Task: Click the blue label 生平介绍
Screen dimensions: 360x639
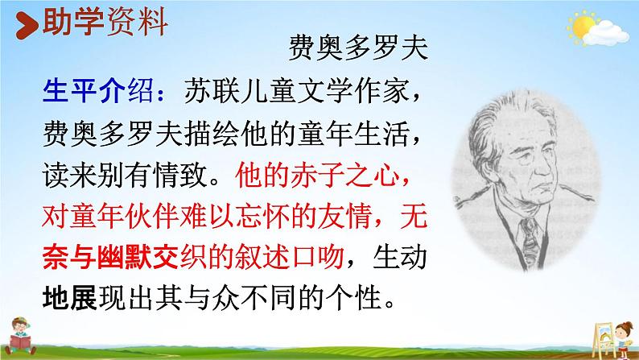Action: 85,90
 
